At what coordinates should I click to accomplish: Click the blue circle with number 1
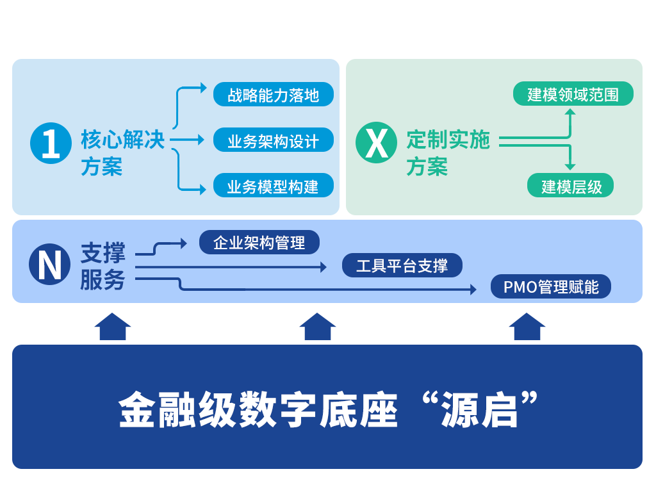(51, 143)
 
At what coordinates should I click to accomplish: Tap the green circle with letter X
(376, 142)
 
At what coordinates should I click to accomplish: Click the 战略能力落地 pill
(274, 95)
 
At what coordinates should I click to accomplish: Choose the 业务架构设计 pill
(274, 140)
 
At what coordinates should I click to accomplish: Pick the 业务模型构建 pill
(274, 186)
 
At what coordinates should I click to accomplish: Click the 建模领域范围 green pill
(573, 94)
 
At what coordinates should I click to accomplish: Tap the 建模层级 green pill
(570, 186)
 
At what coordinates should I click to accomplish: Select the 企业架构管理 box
(259, 242)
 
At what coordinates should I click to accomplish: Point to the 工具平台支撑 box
(402, 265)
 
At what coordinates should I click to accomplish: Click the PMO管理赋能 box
(551, 286)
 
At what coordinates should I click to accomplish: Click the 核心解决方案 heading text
(122, 153)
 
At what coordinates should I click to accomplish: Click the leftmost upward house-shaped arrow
(113, 326)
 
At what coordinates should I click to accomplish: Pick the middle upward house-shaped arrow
(318, 326)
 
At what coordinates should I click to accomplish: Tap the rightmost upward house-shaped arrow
(527, 326)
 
